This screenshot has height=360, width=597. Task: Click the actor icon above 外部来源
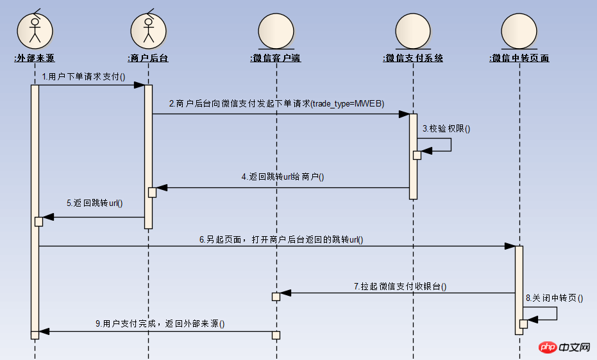click(35, 30)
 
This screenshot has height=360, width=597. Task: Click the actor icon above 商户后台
click(149, 30)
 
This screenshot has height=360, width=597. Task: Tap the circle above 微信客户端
click(276, 31)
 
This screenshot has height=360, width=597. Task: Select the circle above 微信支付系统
click(413, 31)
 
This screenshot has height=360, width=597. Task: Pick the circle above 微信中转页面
click(519, 31)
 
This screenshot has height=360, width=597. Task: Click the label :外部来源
click(35, 58)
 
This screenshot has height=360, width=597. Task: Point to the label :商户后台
click(148, 58)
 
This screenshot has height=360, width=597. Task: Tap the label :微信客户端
click(276, 58)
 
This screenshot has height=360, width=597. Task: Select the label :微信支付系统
click(413, 58)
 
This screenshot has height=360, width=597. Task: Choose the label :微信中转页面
click(519, 58)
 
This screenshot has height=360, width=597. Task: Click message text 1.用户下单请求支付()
click(83, 77)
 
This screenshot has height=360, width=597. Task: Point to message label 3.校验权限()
click(446, 128)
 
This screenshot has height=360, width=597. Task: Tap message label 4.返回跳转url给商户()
click(283, 176)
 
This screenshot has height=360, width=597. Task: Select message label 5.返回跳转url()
click(94, 203)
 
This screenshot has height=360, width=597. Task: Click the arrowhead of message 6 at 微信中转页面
click(510, 246)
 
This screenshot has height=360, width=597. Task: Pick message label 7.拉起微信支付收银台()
click(400, 287)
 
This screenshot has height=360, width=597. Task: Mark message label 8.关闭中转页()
click(554, 298)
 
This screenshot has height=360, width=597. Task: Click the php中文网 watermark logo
click(564, 347)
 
